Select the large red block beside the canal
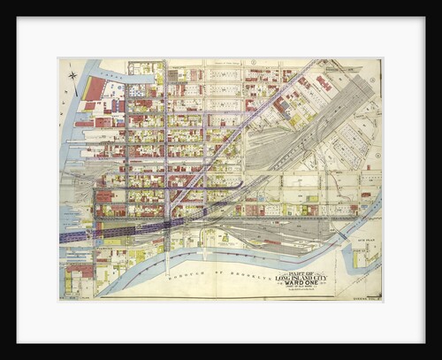pos(94,88)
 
